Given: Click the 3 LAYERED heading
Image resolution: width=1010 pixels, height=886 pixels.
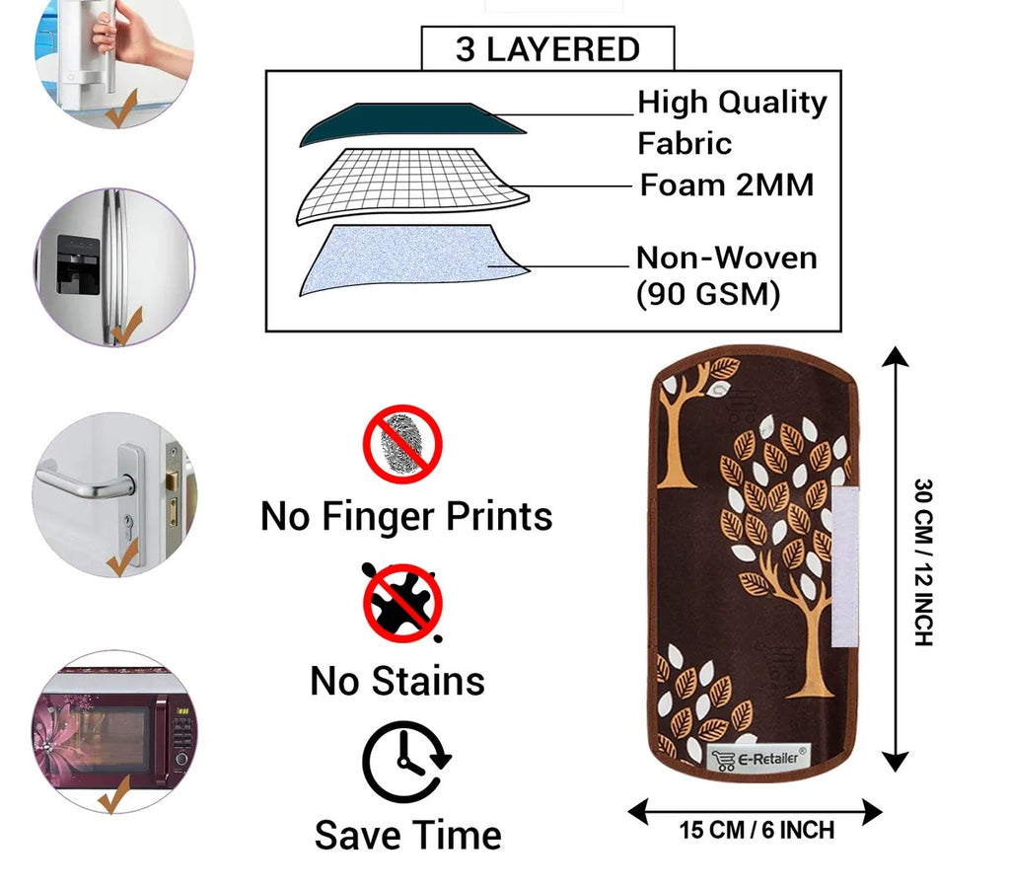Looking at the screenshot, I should [x=547, y=49].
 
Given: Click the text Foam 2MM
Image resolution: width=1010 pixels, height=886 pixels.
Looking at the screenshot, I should [x=727, y=185].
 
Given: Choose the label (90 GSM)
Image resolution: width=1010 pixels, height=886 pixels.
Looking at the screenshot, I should [x=707, y=294].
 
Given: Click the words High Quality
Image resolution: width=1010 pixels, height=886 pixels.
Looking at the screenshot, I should [x=732, y=102].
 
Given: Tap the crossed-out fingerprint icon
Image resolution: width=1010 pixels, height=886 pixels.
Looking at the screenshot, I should [x=402, y=444].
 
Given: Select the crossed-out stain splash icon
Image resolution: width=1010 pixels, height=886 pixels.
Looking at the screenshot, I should [x=402, y=602].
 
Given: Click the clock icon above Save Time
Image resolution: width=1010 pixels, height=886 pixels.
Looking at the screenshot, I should [x=404, y=762].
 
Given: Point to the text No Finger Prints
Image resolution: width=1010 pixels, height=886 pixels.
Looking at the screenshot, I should [x=406, y=516].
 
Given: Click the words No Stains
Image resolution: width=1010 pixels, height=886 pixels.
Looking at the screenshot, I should [x=397, y=681].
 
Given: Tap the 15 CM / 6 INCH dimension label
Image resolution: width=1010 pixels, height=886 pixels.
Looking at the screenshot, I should [x=757, y=831].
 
